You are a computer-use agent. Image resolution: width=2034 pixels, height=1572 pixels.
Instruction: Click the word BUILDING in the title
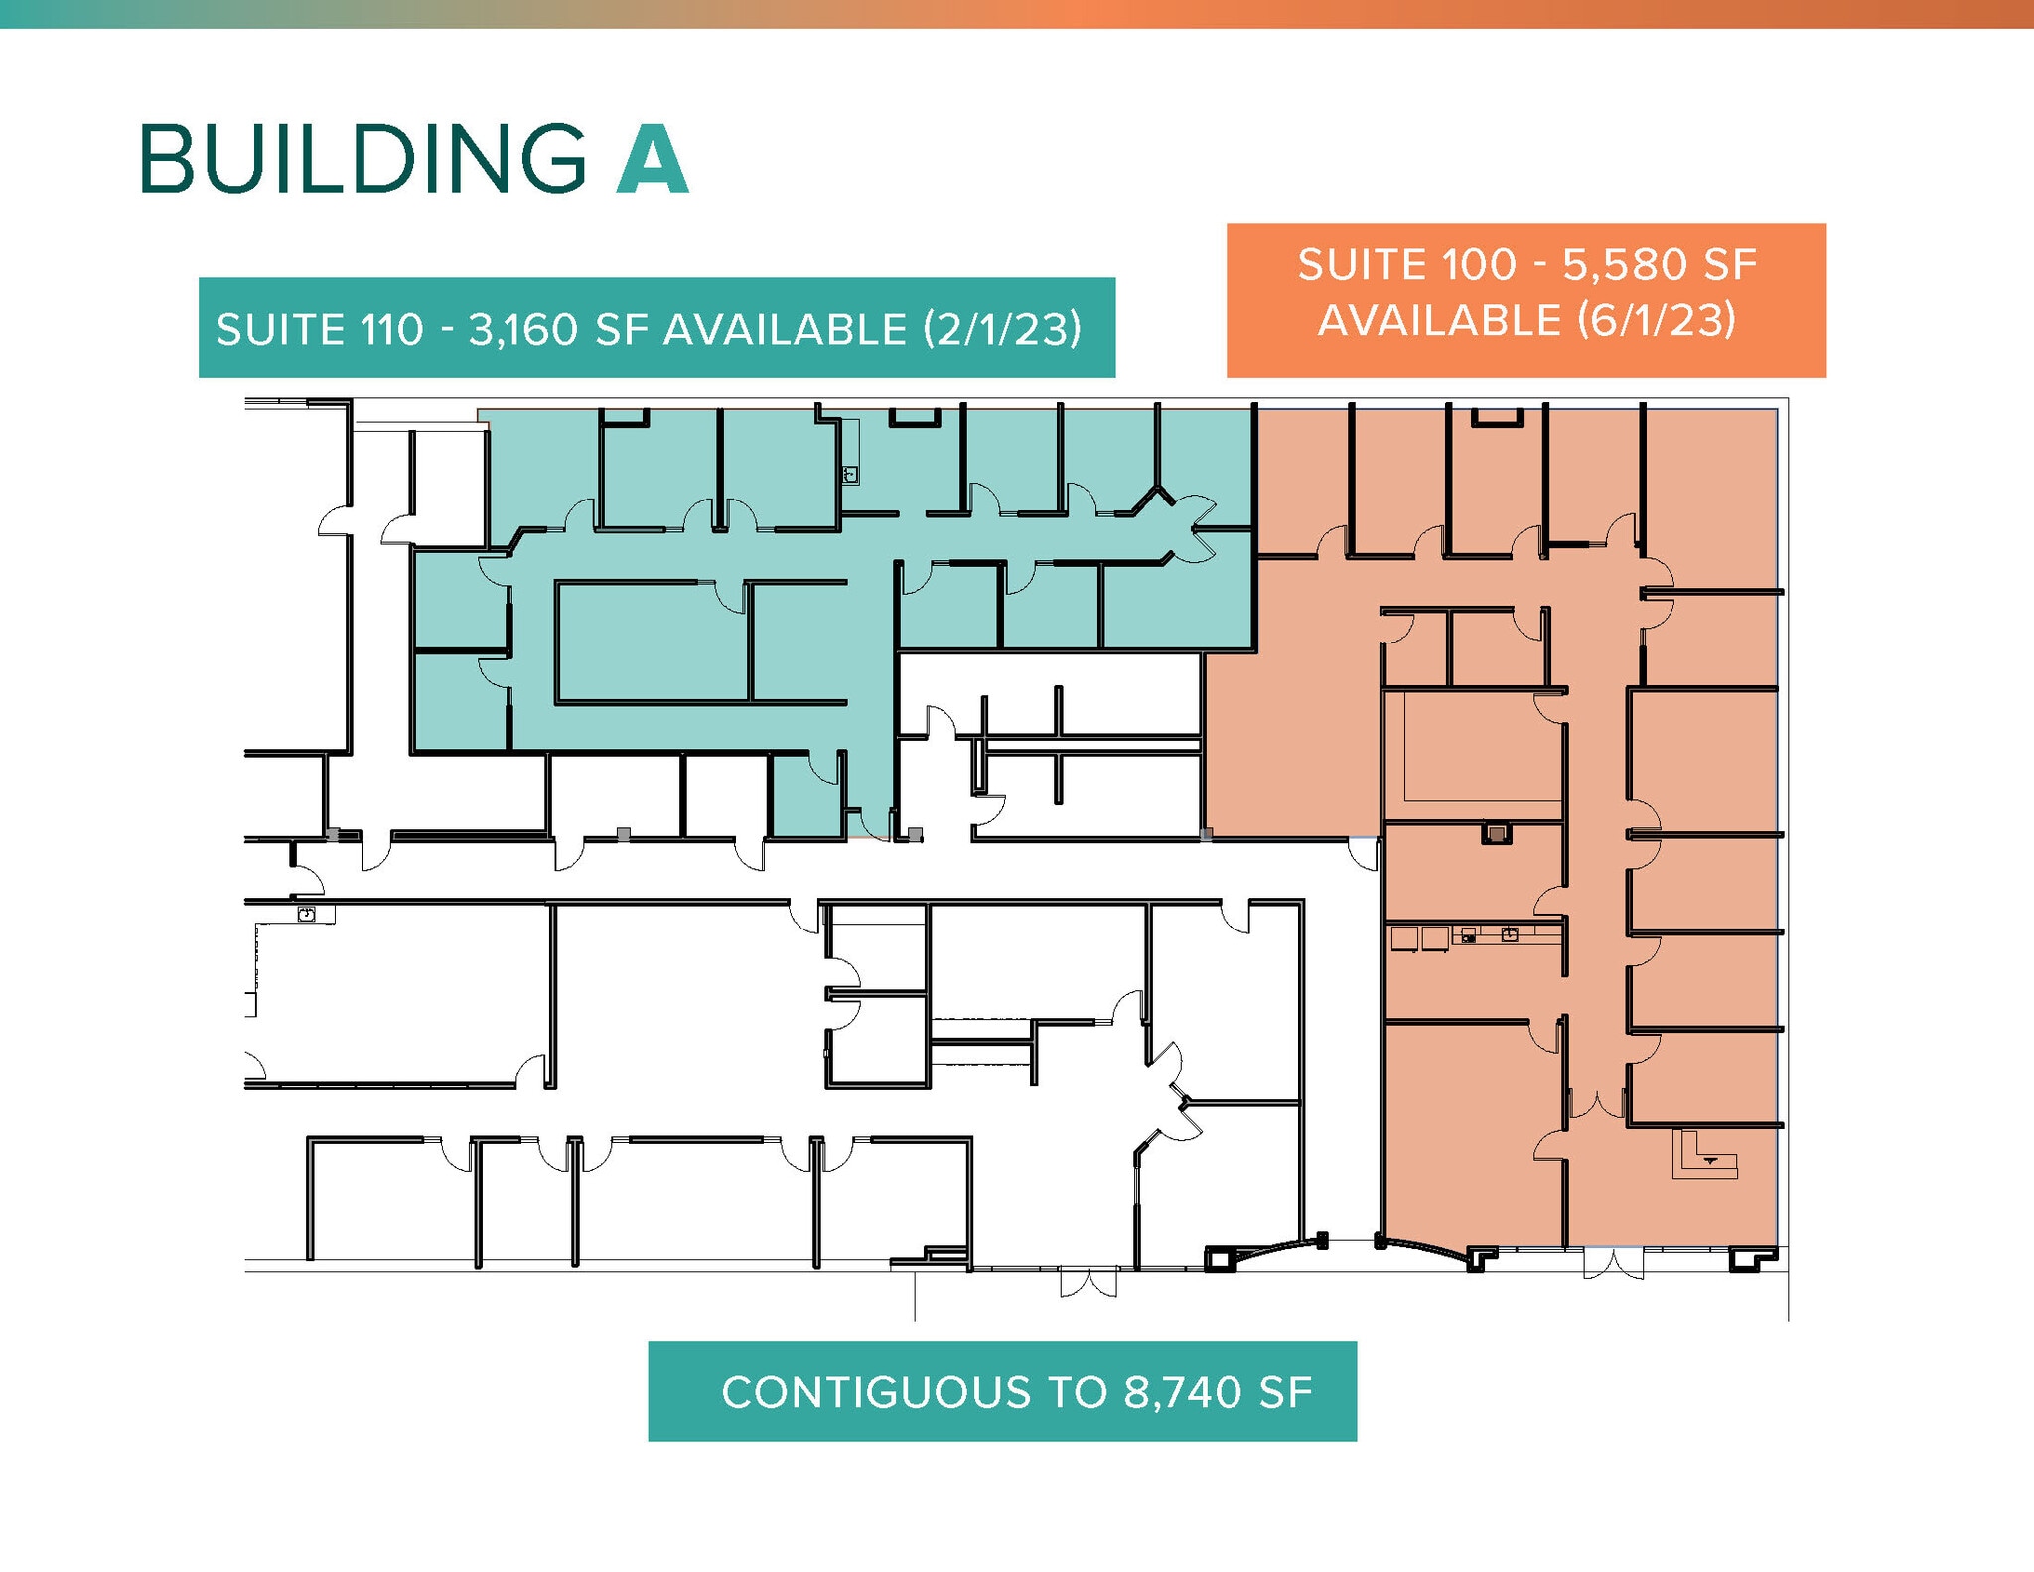(x=363, y=158)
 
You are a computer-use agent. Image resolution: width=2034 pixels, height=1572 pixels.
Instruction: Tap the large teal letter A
(x=653, y=158)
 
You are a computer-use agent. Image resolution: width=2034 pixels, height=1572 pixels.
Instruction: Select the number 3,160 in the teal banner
(x=522, y=330)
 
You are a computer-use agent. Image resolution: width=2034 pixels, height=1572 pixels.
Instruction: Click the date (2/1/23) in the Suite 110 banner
(x=1002, y=330)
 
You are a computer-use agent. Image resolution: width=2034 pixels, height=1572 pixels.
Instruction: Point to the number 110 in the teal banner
(x=392, y=330)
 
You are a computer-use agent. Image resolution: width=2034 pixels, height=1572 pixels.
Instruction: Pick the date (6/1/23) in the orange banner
(x=1656, y=320)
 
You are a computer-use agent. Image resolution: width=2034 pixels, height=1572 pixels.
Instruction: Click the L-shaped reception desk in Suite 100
(x=1704, y=1156)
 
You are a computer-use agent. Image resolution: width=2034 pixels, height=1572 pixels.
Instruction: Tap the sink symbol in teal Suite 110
(x=850, y=475)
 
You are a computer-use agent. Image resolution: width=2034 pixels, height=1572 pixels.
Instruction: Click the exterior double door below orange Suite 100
(x=1614, y=1263)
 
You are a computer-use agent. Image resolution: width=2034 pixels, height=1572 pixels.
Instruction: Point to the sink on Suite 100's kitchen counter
(x=1510, y=933)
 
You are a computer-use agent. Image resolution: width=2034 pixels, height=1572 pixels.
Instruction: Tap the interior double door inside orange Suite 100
(x=1596, y=1104)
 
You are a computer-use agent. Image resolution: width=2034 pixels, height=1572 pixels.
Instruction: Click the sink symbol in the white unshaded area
(x=307, y=914)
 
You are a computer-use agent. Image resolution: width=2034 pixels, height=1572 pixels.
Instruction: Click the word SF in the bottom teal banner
(x=1286, y=1392)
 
